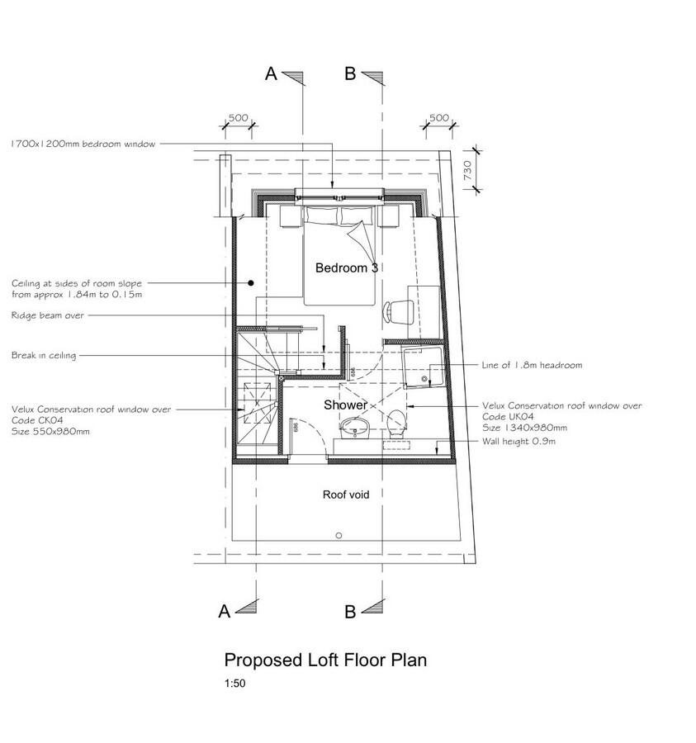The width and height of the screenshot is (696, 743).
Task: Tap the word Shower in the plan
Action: (345, 405)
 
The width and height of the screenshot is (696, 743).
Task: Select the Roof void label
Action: (345, 495)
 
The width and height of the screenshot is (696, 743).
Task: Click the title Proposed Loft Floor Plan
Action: (325, 660)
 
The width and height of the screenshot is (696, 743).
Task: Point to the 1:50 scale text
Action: (234, 684)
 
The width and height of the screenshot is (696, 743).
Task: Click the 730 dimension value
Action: (466, 171)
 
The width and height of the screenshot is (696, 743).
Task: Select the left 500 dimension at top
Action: (238, 118)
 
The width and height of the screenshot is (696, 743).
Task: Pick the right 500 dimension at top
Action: (439, 118)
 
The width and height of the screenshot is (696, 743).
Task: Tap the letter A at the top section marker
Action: (270, 74)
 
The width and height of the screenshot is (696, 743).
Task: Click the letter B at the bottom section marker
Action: (349, 612)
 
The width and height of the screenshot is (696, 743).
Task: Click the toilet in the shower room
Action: (396, 421)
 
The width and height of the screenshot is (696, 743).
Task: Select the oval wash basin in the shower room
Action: (356, 426)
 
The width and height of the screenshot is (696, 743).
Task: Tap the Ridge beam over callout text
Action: (48, 315)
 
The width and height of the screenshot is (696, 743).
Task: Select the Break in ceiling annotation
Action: (44, 356)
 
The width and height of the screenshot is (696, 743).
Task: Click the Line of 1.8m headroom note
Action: (533, 365)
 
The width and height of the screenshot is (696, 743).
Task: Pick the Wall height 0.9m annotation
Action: (519, 442)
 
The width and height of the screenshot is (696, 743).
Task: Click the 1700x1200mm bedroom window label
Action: (83, 144)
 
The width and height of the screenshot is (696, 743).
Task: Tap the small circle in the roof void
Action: (338, 536)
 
